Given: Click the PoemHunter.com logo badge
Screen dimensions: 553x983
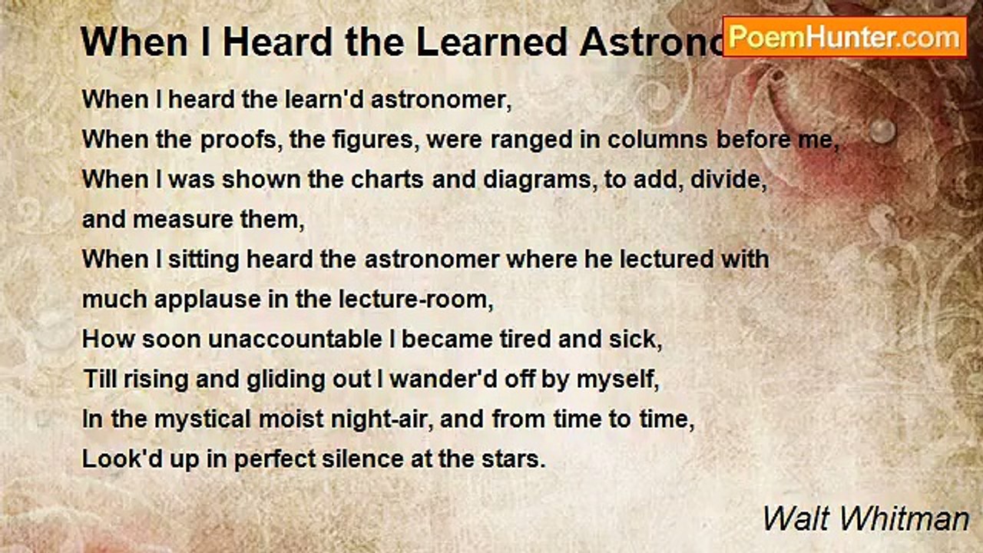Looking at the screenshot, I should click(x=845, y=36).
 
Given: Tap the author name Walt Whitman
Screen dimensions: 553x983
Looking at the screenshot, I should click(x=866, y=519).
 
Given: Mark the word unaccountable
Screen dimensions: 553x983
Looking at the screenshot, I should click(x=292, y=339).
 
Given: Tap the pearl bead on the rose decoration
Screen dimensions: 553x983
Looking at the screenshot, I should click(x=883, y=130).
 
